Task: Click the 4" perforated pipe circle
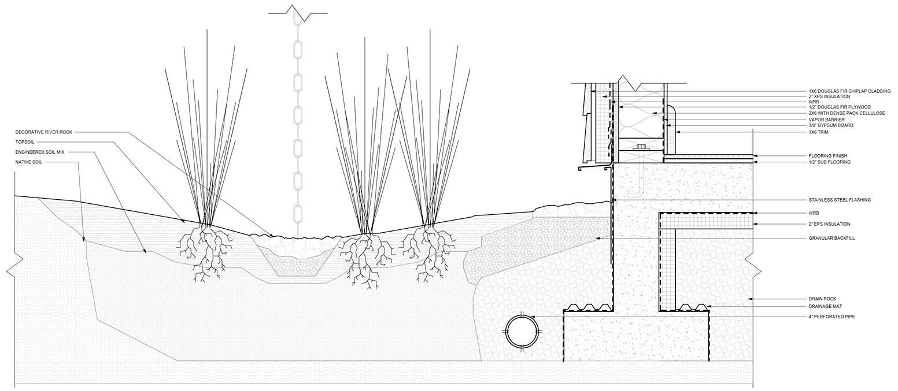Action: (x=523, y=332)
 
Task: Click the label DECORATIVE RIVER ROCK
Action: (x=45, y=132)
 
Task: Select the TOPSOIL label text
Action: (x=25, y=142)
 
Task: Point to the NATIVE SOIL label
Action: (x=29, y=162)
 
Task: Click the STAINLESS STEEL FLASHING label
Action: (x=839, y=200)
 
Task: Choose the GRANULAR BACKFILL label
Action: (x=832, y=238)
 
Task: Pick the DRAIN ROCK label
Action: (x=822, y=299)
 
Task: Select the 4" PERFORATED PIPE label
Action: (x=832, y=317)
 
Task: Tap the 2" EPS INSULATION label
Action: (x=829, y=224)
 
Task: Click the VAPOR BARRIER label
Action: (x=826, y=120)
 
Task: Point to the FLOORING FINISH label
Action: (x=827, y=156)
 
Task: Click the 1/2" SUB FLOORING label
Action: (x=830, y=162)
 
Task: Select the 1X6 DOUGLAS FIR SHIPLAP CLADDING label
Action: (x=849, y=91)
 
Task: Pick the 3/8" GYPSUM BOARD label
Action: (x=831, y=125)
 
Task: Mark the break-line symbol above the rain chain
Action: (x=298, y=12)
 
